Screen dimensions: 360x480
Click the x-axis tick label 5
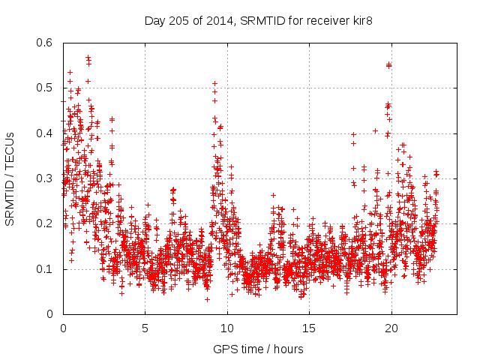tap(145, 328)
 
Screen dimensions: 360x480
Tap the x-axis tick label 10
tap(226, 328)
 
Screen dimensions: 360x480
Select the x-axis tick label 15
tap(308, 328)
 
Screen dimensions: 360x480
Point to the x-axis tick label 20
tap(390, 328)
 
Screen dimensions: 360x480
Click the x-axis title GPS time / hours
tap(259, 349)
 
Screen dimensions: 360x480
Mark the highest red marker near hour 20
tap(388, 65)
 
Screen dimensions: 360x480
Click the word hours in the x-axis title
tap(289, 349)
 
